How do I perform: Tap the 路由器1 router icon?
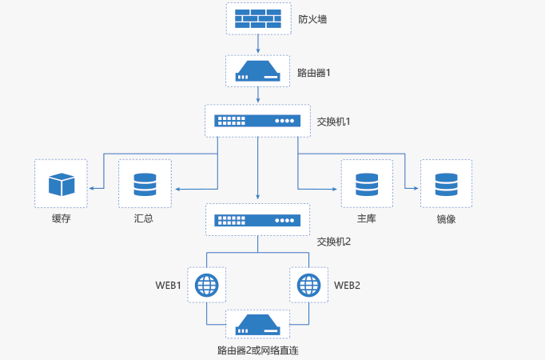click(x=258, y=72)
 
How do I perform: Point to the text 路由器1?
click(x=314, y=73)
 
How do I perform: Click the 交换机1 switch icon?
click(x=257, y=121)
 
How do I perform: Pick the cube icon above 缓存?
click(x=61, y=185)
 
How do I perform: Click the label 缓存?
click(x=62, y=218)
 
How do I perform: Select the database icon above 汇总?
click(x=145, y=185)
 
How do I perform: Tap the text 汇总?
click(x=145, y=218)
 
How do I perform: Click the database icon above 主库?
click(x=367, y=185)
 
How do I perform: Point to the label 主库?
click(x=367, y=218)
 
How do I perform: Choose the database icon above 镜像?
click(x=446, y=185)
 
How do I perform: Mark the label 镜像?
click(x=446, y=218)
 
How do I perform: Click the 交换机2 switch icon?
click(x=257, y=218)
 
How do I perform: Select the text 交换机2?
click(x=334, y=241)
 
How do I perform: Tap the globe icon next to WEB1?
click(x=207, y=284)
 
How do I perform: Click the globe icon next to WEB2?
click(x=308, y=284)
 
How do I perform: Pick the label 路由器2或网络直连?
click(x=257, y=350)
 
